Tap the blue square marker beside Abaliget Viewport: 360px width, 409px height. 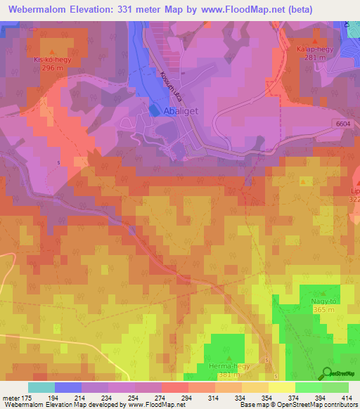pyautogui.click(x=154, y=110)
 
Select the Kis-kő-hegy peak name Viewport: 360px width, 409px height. pyautogui.click(x=53, y=60)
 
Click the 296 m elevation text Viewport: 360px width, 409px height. pyautogui.click(x=53, y=69)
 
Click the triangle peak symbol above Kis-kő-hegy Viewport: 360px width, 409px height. pyautogui.click(x=53, y=52)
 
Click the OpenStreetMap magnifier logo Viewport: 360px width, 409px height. pyautogui.click(x=326, y=372)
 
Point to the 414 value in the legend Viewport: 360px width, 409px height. pyautogui.click(x=346, y=398)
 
